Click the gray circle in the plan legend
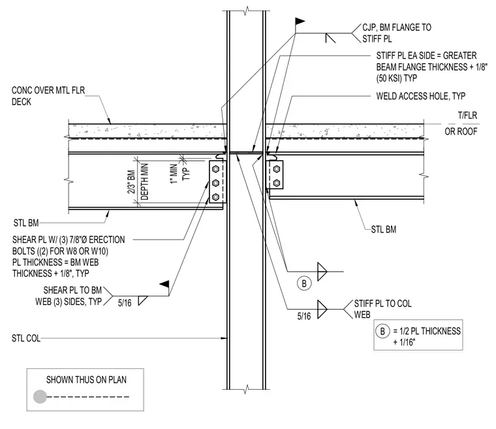coord(40,397)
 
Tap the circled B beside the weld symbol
coord(304,283)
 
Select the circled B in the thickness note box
coord(382,331)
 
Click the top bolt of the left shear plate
coord(216,168)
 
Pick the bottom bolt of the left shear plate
coord(216,197)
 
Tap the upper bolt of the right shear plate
coord(277,169)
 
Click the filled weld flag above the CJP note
coord(300,22)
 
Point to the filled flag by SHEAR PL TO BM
coord(164,284)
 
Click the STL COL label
coord(26,338)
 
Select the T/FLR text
coord(467,116)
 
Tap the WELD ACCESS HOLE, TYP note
coord(420,96)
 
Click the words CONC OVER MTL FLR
coord(48,91)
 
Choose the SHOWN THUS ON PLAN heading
coord(86,379)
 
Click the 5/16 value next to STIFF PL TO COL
coord(303,316)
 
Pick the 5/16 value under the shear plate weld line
coord(125,303)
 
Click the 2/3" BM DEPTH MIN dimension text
coord(138,182)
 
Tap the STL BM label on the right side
coord(383,229)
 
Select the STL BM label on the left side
coord(26,223)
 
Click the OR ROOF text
coord(461,131)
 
